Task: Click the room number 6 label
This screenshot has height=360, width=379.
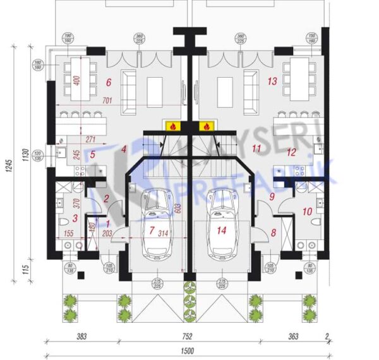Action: coord(109,82)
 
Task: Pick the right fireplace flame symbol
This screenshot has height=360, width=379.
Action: coord(205,126)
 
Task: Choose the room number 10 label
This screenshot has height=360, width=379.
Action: coord(308,212)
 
